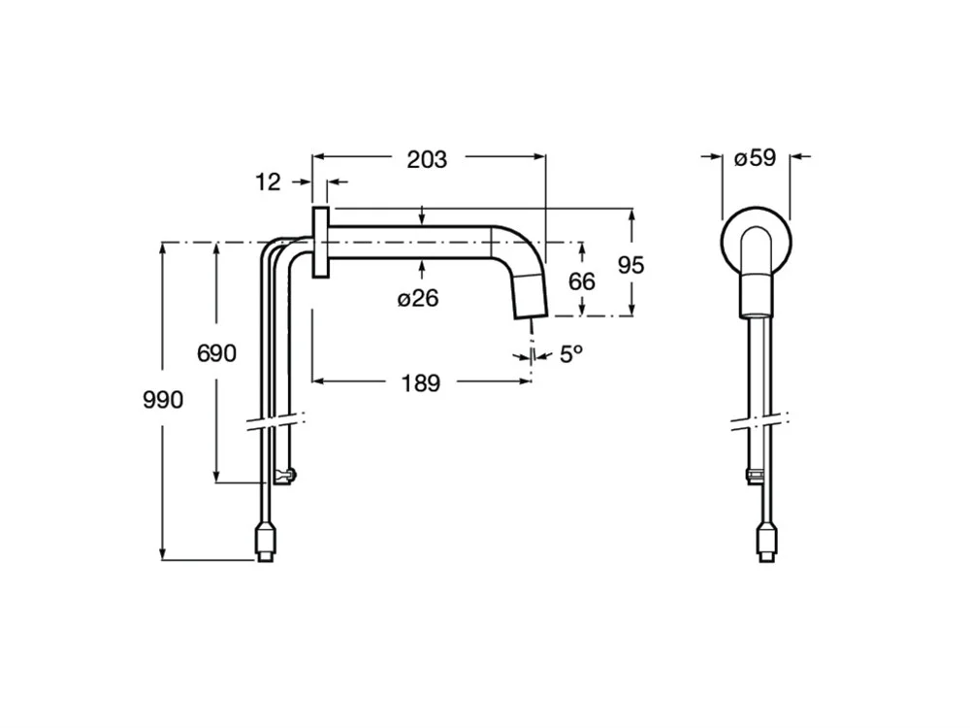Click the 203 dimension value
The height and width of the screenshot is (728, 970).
[427, 160]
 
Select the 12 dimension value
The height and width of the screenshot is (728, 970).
[268, 182]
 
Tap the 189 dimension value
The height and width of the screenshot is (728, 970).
[420, 383]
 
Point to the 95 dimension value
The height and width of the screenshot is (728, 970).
[630, 265]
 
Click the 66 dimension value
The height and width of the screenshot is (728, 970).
[581, 281]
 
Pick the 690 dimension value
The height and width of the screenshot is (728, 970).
[216, 353]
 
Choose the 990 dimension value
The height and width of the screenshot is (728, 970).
[163, 399]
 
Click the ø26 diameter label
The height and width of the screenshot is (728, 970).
[419, 298]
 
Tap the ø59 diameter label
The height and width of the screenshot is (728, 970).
[756, 158]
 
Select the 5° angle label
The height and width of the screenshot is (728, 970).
[571, 354]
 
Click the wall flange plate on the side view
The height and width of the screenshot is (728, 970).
[320, 243]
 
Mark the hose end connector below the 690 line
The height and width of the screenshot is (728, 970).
[283, 476]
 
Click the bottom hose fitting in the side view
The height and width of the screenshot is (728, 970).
[265, 542]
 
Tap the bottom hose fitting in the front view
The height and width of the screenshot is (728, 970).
[766, 542]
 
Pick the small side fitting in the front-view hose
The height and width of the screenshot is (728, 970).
[754, 475]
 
